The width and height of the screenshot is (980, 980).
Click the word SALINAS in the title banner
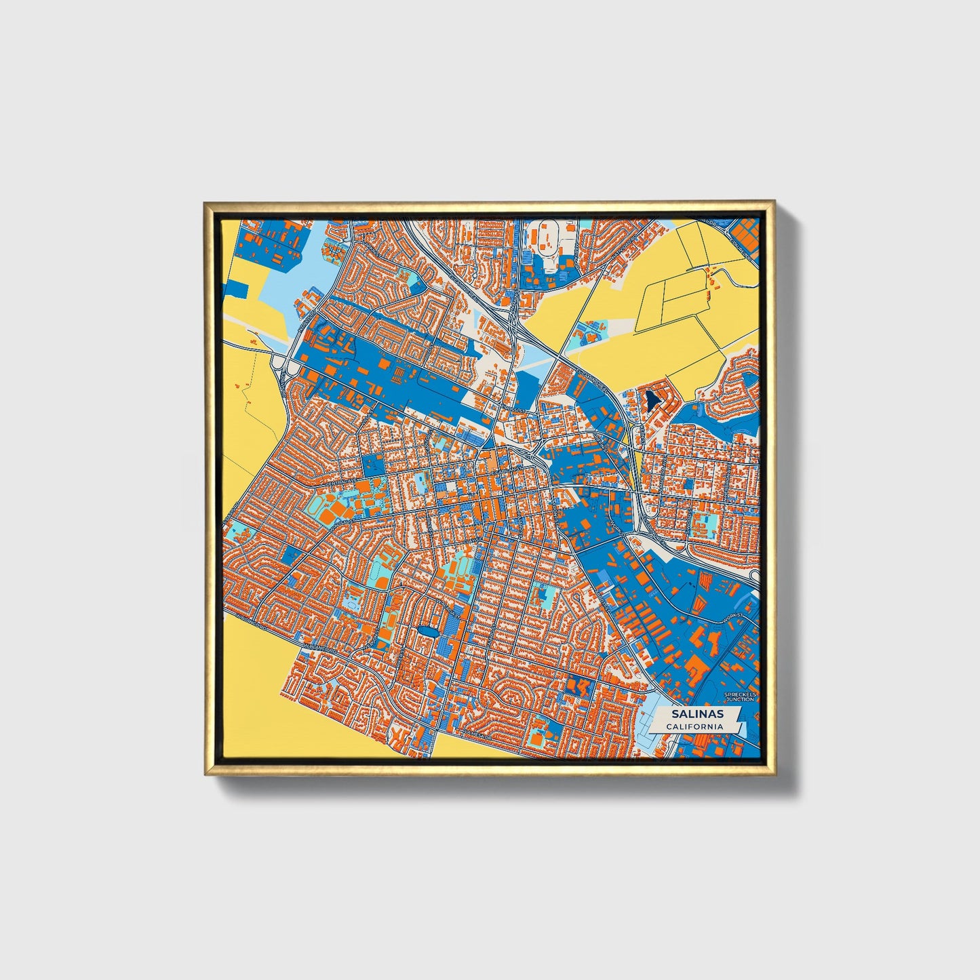pyautogui.click(x=697, y=714)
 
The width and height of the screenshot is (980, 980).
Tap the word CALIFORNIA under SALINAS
pyautogui.click(x=694, y=727)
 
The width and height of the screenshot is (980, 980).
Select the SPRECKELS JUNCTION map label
pyautogui.click(x=739, y=697)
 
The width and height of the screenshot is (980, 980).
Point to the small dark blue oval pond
pyautogui.click(x=427, y=632)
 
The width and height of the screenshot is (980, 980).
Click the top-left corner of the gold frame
pyautogui.click(x=205, y=203)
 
